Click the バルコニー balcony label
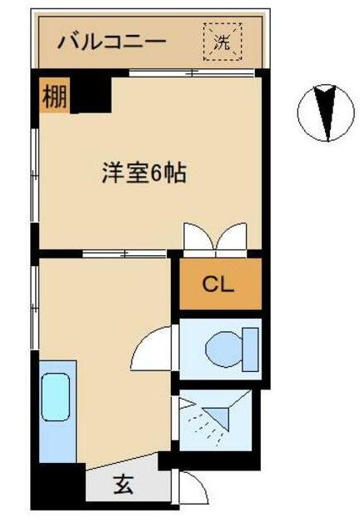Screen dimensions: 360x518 coord(111,42)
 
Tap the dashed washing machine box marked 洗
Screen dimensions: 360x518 coord(222,42)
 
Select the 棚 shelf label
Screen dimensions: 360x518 coord(54,96)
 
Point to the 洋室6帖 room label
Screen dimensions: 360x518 coord(144,173)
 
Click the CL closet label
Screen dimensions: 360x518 coord(218,284)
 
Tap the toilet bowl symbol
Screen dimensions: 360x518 coord(224,348)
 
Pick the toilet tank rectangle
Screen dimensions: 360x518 coord(250,350)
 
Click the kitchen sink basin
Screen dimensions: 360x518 coord(56,397)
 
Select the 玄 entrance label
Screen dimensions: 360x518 coord(123,485)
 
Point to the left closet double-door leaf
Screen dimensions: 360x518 coord(200,237)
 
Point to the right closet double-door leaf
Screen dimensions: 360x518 coord(231,237)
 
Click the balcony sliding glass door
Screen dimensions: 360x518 coord(192,73)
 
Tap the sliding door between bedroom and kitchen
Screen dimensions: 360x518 coord(124,254)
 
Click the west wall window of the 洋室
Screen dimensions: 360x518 coord(35,175)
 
